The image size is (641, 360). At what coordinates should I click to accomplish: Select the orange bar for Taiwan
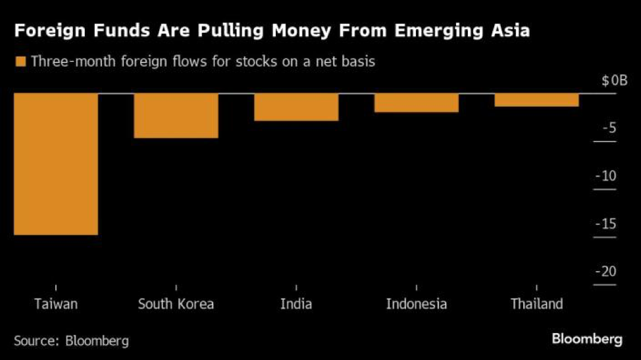(56, 164)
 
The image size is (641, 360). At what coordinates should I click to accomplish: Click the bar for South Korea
(176, 116)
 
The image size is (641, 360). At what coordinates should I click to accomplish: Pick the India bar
(296, 107)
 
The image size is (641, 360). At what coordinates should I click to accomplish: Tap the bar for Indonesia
(416, 103)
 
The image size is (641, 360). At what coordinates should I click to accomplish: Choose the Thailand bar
(536, 100)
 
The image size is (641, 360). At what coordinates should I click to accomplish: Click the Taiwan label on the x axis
(56, 304)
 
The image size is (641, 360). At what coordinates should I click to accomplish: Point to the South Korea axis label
(176, 304)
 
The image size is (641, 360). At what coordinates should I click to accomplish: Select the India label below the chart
(296, 304)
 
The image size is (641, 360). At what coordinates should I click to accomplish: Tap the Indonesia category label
(416, 304)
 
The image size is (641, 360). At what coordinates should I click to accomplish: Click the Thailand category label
(536, 304)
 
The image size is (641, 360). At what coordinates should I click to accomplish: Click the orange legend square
(20, 62)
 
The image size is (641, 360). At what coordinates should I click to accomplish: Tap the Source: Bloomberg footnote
(71, 341)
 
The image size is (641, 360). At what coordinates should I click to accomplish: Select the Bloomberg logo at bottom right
(586, 339)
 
